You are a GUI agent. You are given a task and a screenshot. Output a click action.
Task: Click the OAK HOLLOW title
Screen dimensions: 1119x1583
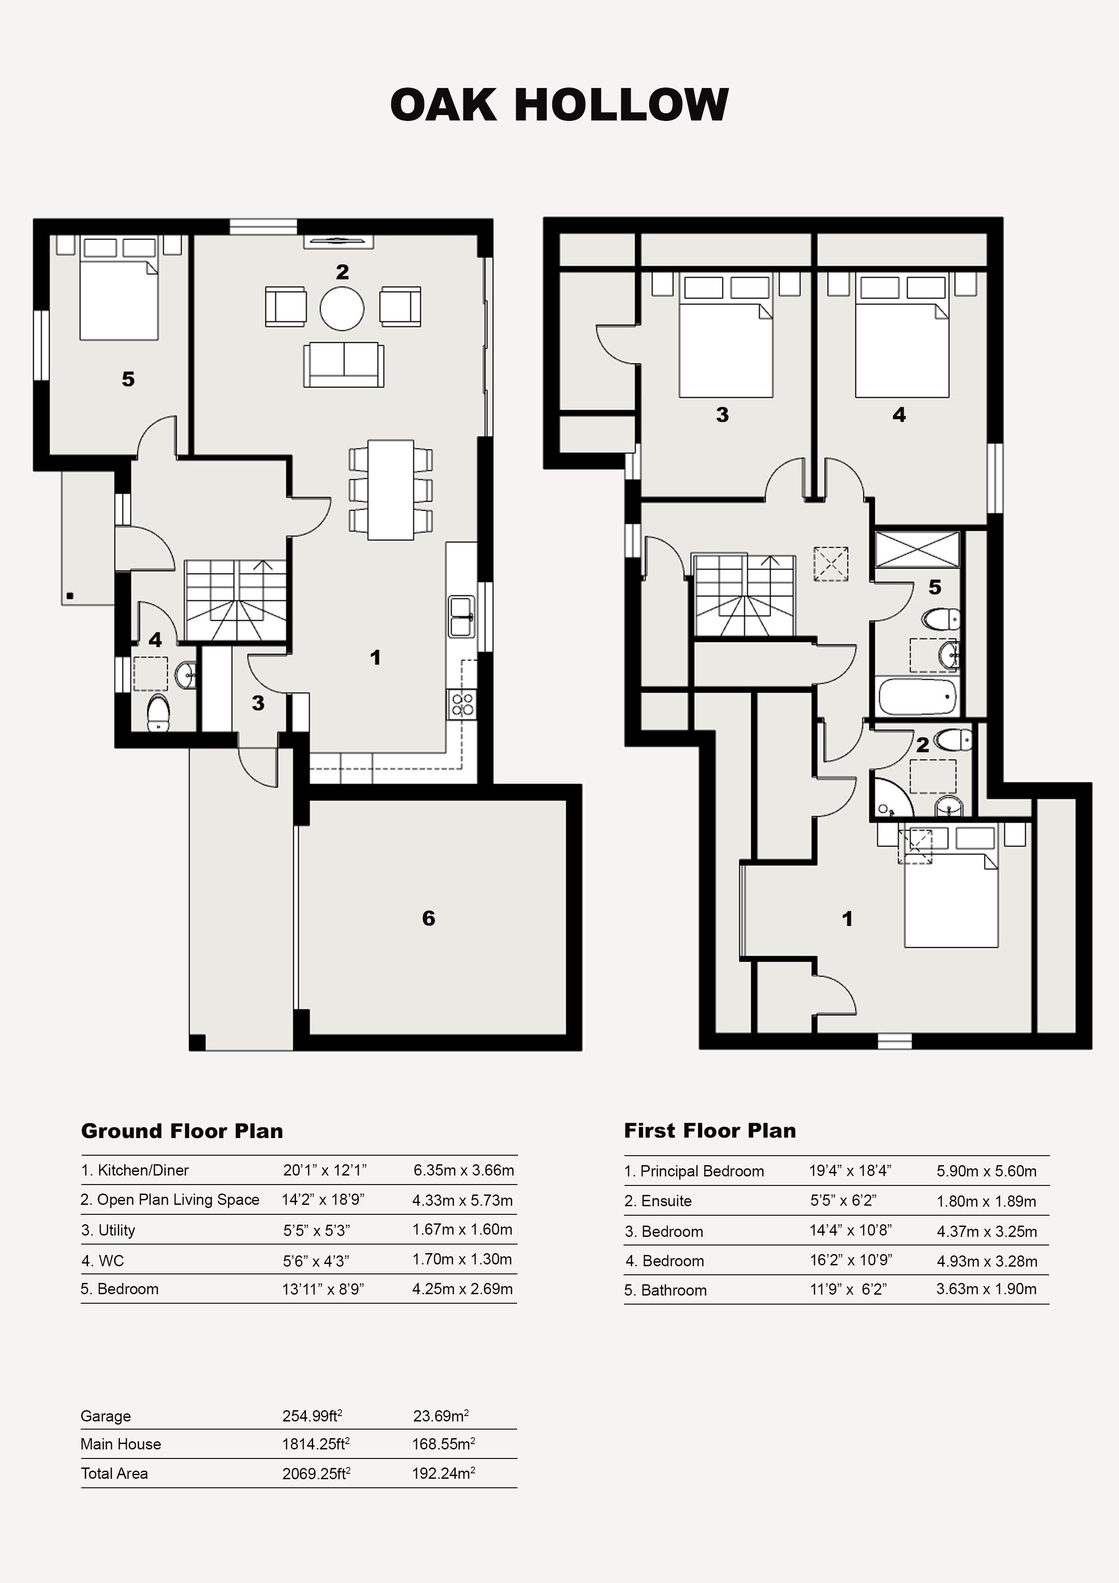(559, 105)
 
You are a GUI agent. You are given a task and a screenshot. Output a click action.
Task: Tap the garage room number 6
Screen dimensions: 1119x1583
(428, 918)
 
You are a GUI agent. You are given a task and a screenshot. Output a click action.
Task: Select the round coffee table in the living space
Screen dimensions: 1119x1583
(342, 307)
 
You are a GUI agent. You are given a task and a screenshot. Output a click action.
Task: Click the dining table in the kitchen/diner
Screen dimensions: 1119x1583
(391, 490)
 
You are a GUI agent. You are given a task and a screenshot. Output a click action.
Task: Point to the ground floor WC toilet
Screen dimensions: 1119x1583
(158, 712)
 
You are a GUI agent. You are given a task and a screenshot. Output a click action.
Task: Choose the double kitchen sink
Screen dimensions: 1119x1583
(461, 617)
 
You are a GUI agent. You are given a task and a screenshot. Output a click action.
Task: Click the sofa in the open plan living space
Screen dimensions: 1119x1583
(343, 364)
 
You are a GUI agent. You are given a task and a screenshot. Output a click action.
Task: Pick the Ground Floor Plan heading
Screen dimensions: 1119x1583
(182, 1131)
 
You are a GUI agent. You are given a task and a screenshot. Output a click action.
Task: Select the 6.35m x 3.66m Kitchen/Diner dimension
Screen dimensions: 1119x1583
(463, 1170)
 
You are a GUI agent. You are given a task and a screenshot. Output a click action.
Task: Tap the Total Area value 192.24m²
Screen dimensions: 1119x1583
(444, 1473)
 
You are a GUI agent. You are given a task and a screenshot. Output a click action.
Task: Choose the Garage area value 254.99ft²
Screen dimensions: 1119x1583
(312, 1416)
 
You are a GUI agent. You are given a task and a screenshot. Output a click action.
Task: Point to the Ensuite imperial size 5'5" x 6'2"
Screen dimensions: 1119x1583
(843, 1200)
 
